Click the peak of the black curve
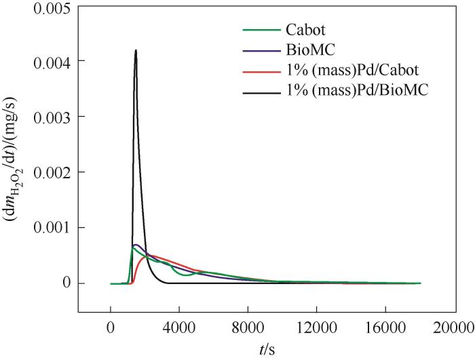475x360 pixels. (136, 50)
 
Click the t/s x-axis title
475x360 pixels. (266, 349)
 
